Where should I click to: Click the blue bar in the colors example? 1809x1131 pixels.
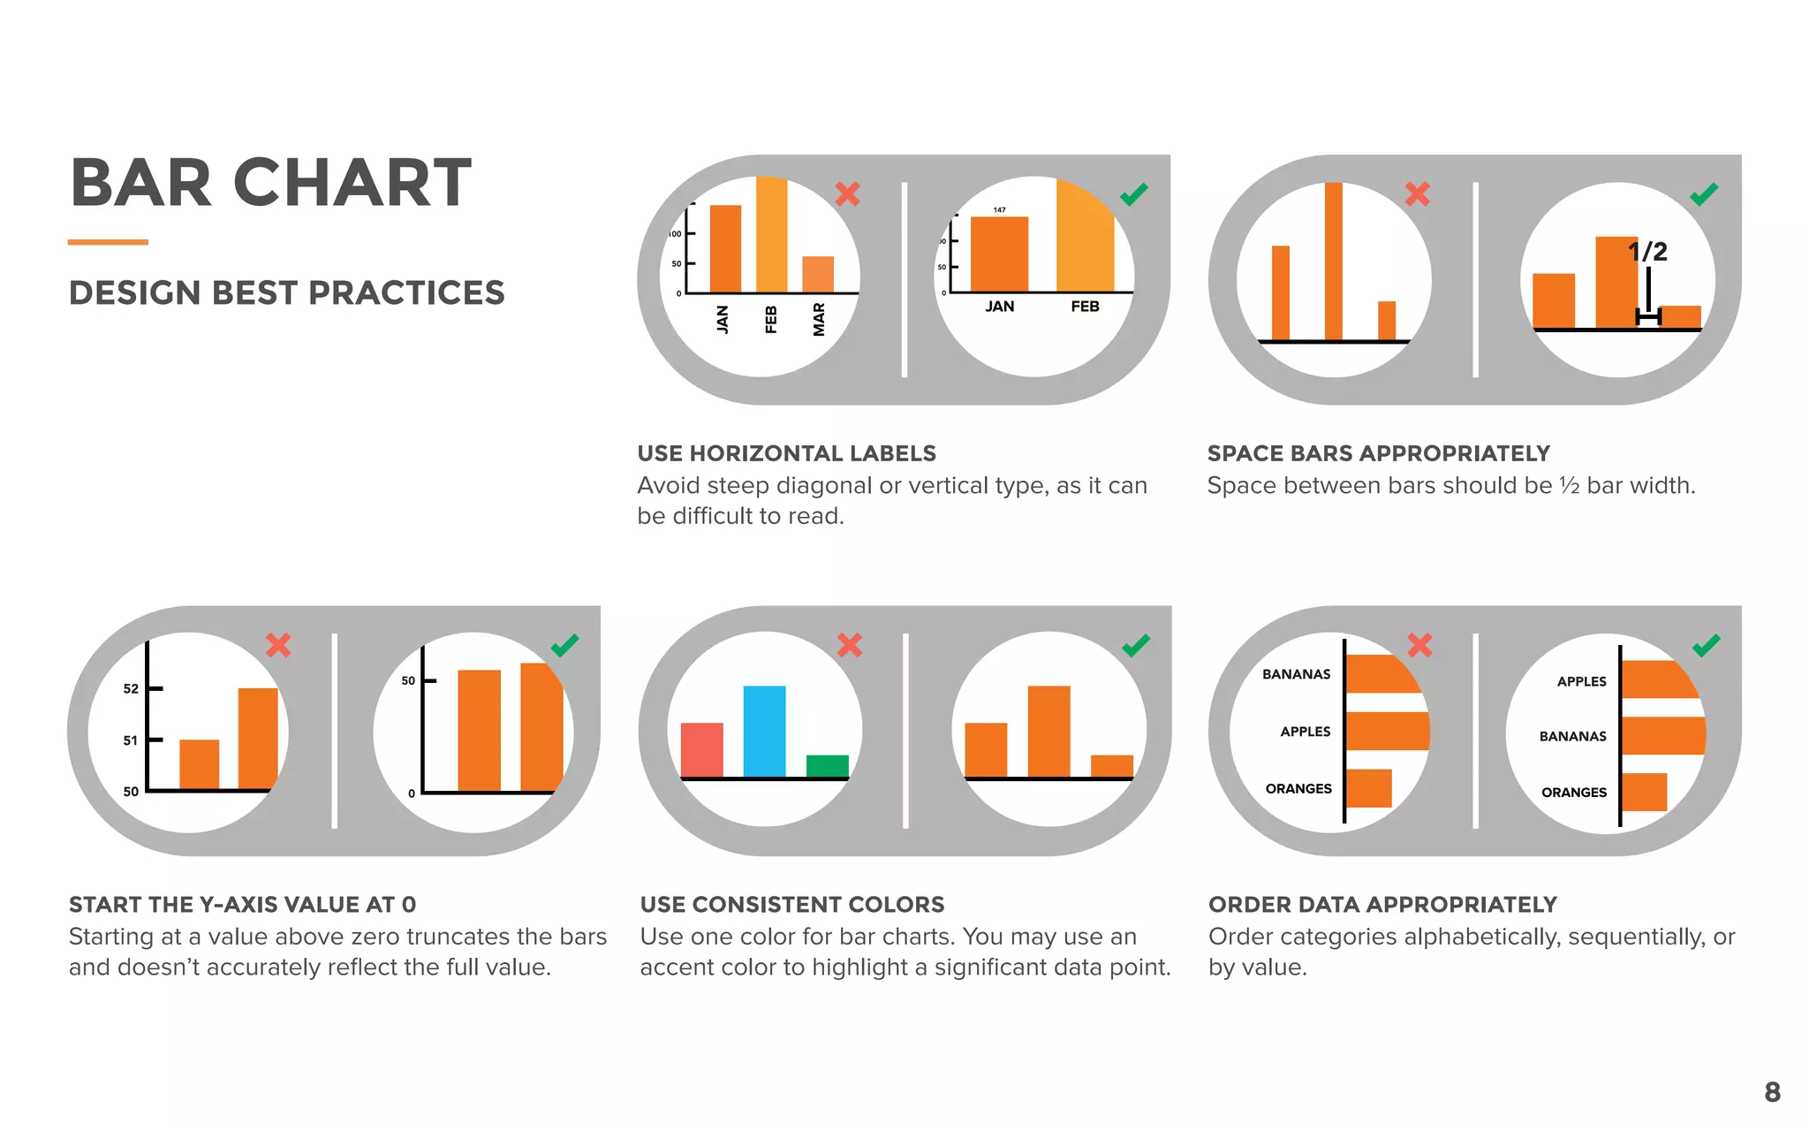pyautogui.click(x=764, y=732)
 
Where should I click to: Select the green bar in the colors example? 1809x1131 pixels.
pyautogui.click(x=827, y=766)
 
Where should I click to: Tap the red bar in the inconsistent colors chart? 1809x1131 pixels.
pyautogui.click(x=701, y=750)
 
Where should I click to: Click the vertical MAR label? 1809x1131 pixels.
pyautogui.click(x=819, y=319)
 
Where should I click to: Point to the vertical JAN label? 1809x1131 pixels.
pyautogui.click(x=723, y=319)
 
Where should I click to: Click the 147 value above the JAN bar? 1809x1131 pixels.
pyautogui.click(x=999, y=210)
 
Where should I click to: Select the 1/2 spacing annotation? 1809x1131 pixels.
pyautogui.click(x=1647, y=252)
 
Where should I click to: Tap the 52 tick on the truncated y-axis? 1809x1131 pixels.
pyautogui.click(x=131, y=688)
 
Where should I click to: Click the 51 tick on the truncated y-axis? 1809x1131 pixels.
pyautogui.click(x=131, y=740)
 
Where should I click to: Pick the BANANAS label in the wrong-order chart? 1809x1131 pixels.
pyautogui.click(x=1296, y=674)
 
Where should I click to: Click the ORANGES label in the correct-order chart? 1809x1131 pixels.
pyautogui.click(x=1573, y=793)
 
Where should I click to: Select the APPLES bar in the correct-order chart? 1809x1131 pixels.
pyautogui.click(x=1657, y=679)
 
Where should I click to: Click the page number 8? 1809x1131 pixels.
pyautogui.click(x=1772, y=1092)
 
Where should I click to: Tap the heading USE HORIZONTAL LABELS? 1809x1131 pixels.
pyautogui.click(x=786, y=453)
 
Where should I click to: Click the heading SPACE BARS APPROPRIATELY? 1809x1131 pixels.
pyautogui.click(x=1378, y=453)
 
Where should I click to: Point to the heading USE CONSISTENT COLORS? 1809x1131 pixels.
pyautogui.click(x=792, y=905)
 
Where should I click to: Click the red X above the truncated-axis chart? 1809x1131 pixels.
pyautogui.click(x=278, y=645)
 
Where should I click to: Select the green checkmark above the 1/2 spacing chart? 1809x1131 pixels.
pyautogui.click(x=1704, y=194)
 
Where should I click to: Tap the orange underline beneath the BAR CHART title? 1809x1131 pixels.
pyautogui.click(x=108, y=242)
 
